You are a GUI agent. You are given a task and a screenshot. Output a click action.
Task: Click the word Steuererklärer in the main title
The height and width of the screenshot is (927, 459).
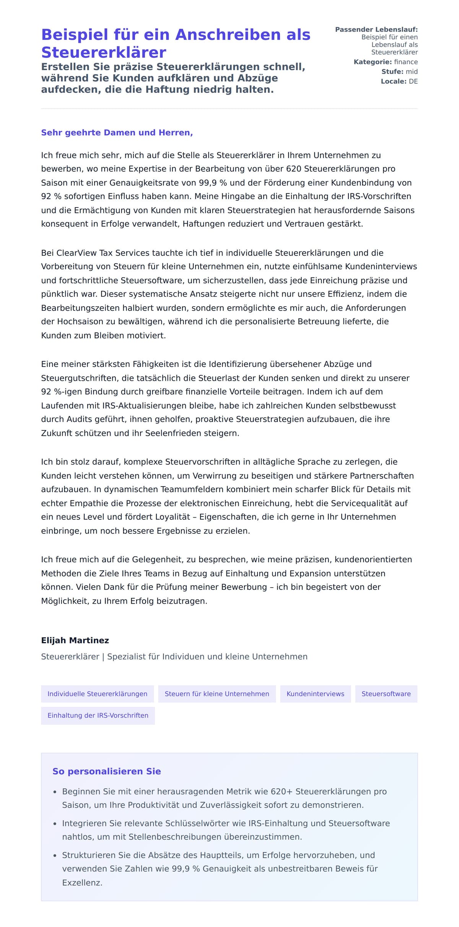pos(103,52)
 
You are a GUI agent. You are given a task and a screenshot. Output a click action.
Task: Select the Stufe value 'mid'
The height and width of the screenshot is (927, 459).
pos(412,71)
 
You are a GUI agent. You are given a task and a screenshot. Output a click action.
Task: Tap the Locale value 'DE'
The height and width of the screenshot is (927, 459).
pos(413,81)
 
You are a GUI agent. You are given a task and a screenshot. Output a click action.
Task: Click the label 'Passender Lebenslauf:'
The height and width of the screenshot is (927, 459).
pos(376,29)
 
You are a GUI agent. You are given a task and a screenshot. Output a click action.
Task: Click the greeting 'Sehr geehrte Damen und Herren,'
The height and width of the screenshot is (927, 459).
pos(117,133)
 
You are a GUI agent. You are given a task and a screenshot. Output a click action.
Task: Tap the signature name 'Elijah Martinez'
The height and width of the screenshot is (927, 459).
pos(75,640)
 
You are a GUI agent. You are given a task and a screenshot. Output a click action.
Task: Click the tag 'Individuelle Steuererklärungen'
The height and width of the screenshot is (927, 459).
pos(97,694)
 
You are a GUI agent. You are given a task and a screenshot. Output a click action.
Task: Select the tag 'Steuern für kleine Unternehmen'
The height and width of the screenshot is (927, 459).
pos(217,694)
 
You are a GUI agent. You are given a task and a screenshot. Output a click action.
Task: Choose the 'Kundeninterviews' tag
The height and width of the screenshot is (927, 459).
pos(315,694)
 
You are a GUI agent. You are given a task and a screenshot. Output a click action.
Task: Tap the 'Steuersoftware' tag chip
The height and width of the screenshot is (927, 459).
pos(386,694)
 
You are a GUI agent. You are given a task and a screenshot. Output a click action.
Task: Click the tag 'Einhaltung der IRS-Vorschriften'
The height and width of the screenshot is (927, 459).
pos(98,715)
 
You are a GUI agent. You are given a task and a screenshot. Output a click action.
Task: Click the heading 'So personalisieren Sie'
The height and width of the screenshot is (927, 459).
pos(106,771)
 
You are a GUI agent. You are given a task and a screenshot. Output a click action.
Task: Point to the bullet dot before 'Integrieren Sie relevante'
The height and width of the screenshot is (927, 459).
pos(55,824)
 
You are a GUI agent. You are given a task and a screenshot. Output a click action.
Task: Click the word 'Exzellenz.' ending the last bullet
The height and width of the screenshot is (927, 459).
pos(82,883)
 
